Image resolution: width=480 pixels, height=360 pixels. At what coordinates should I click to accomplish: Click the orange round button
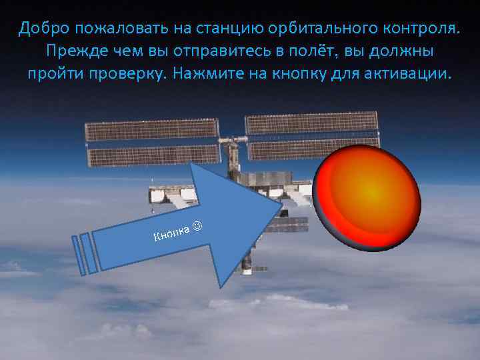[x=367, y=198]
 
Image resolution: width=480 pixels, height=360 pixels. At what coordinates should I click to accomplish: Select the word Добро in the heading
[x=43, y=29]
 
